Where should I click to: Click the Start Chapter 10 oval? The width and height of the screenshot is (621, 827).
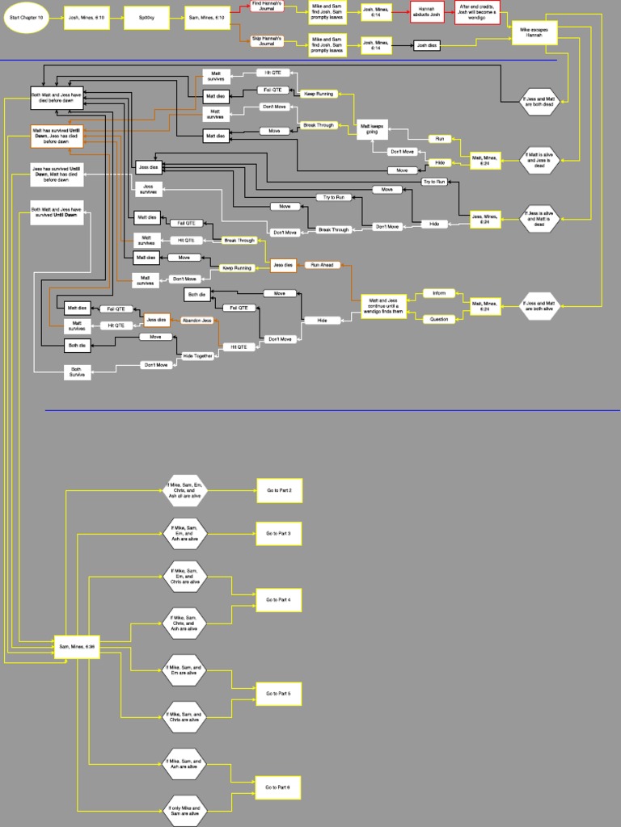point(27,17)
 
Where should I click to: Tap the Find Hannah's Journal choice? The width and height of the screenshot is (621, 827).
point(267,6)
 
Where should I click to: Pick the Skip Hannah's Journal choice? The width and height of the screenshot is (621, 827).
point(267,40)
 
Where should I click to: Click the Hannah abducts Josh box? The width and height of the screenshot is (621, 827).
point(429,12)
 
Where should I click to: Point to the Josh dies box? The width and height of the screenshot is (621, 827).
point(427,46)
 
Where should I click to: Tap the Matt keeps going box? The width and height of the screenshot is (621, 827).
point(373,129)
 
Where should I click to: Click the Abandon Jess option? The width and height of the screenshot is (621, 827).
point(197,321)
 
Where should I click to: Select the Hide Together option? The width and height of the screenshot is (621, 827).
point(198,355)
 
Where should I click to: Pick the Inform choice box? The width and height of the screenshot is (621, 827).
point(439,293)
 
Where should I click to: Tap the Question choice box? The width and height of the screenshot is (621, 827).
point(439,319)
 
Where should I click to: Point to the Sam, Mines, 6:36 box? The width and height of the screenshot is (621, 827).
point(78,646)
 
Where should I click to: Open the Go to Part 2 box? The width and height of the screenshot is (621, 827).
point(279,490)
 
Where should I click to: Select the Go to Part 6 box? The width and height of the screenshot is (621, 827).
point(279,787)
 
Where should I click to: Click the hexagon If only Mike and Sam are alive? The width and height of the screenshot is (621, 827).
point(185,811)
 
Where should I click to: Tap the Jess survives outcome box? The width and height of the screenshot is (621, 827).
point(148,189)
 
